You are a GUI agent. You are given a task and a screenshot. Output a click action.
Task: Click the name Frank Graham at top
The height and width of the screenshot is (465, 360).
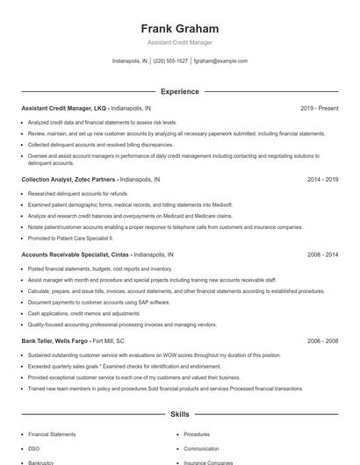point(179,29)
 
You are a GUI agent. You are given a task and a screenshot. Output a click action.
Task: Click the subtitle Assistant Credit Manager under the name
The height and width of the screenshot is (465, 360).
point(179,42)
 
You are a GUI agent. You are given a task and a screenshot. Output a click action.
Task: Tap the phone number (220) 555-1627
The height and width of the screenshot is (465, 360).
point(171,61)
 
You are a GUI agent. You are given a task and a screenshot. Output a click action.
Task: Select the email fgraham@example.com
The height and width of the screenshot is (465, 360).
point(220,61)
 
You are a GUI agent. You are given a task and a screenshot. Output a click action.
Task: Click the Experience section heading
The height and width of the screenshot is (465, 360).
point(179,91)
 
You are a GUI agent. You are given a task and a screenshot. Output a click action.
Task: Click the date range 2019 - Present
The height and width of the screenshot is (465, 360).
point(319,108)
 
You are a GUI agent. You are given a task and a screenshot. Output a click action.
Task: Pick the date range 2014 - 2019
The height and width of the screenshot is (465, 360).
point(322,178)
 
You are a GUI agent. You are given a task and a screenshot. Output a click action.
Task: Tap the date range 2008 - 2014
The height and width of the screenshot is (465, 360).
point(322,254)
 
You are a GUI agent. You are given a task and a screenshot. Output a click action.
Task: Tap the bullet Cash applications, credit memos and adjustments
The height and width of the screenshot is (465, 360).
point(83,313)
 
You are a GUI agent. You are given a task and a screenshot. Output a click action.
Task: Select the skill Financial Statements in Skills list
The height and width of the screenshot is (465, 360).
point(51,433)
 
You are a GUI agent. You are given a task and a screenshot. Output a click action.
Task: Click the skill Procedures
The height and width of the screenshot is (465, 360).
point(197,433)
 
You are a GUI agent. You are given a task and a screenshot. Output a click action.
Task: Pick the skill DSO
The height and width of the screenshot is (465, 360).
point(34,447)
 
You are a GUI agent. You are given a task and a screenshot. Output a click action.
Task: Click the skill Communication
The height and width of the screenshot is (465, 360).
point(201,447)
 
